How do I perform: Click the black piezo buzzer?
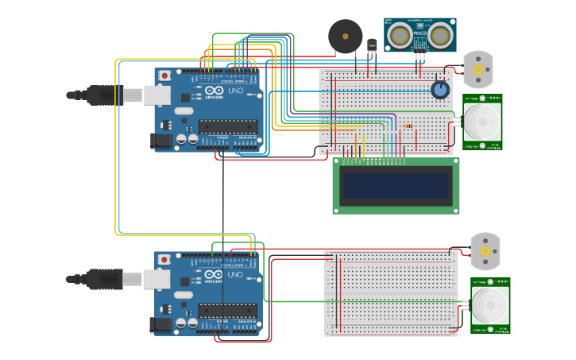pos(345,37)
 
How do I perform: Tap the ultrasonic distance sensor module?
pos(420,34)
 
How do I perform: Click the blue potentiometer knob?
pos(440,90)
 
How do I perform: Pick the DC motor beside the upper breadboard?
pos(478,69)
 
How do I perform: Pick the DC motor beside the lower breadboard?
pos(485,251)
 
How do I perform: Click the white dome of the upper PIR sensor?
pos(482,121)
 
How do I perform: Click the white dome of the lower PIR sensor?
pos(489,304)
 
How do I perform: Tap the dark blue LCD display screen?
pos(396,184)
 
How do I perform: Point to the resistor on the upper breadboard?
pos(408,126)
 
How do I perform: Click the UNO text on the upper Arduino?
pos(235,91)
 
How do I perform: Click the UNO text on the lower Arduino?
pos(235,275)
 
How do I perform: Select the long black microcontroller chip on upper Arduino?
pos(228,126)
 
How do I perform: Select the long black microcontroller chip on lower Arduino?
pos(228,310)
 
